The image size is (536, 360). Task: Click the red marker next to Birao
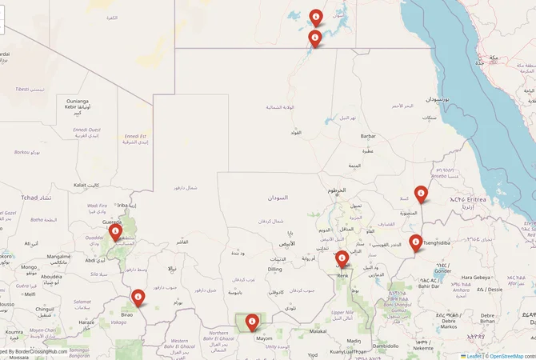138,298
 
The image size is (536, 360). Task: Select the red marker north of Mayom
252,322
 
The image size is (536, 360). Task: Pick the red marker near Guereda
115,233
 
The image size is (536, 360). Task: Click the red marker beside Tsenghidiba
415,242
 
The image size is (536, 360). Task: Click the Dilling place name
274,269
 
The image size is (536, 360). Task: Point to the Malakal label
318,330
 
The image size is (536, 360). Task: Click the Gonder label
442,270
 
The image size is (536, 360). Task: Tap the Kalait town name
80,185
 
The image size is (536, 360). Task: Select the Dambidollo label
390,346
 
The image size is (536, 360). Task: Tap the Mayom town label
264,338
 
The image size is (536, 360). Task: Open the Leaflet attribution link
473,356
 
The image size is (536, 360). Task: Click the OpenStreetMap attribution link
506,356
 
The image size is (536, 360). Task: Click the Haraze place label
87,322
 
